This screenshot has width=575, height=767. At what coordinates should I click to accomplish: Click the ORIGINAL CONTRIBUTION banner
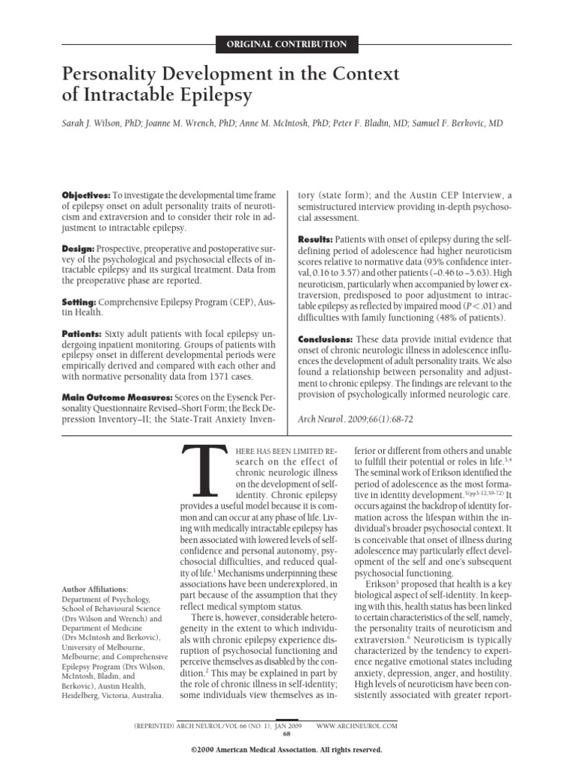pos(287,44)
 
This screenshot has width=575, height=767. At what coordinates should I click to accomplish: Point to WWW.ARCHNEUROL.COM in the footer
pos(356,726)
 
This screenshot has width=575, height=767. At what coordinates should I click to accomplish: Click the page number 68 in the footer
pos(287,734)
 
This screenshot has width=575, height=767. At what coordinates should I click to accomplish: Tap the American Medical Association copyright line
pos(287,749)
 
